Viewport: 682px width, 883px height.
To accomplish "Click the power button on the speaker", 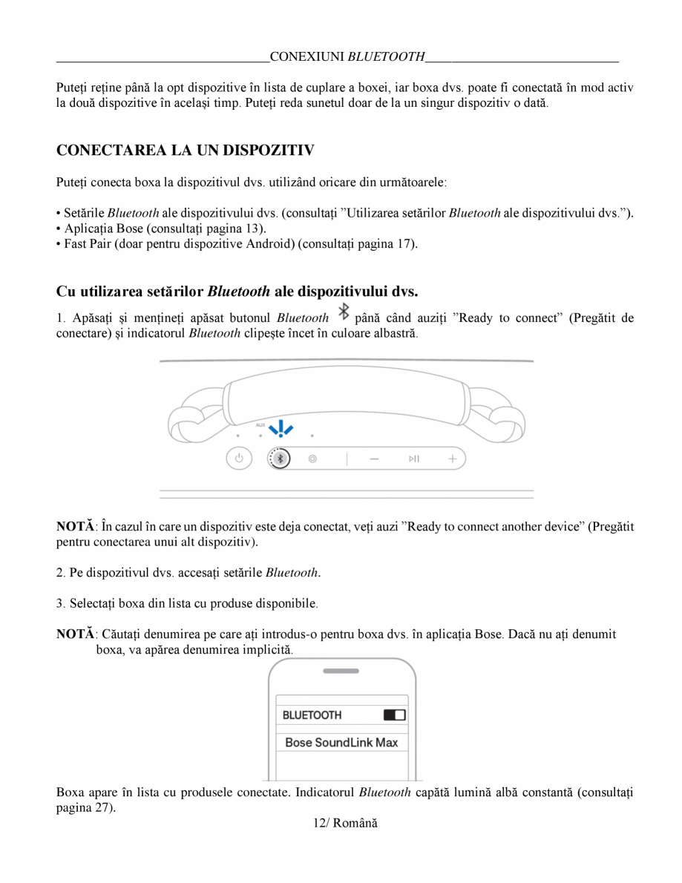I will [x=239, y=459].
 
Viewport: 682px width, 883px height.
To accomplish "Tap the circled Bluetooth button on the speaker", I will [x=280, y=459].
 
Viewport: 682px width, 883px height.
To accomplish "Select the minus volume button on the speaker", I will [x=374, y=459].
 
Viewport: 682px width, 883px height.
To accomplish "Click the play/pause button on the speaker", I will [x=414, y=459].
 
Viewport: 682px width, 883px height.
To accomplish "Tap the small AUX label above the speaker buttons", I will [x=260, y=425].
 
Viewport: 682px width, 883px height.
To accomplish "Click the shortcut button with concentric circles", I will [x=312, y=459].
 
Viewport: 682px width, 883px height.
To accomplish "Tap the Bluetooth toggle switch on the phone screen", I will [x=394, y=715].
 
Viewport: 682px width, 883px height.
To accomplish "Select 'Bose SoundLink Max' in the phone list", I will [x=341, y=742].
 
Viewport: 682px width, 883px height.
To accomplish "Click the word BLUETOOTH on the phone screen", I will [x=312, y=715].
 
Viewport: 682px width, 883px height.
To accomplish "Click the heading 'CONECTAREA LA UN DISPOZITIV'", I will [x=186, y=151].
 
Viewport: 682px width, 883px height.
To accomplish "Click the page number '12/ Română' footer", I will [x=341, y=824].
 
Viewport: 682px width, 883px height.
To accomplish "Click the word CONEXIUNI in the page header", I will [x=308, y=56].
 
